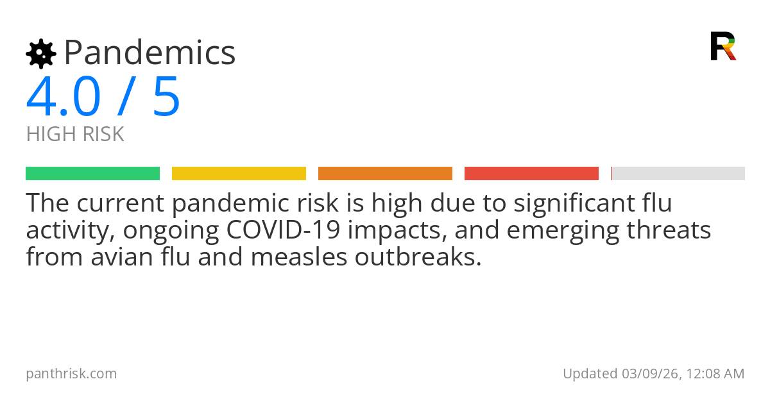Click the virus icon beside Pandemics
[x=40, y=53]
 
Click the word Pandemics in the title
[x=150, y=53]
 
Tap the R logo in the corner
[x=723, y=46]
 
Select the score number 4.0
[x=63, y=97]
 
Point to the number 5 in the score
[x=167, y=97]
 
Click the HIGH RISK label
[x=75, y=135]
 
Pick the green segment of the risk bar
[x=92, y=173]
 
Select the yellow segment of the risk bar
[x=239, y=173]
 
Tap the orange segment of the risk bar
[x=385, y=173]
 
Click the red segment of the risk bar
[x=531, y=173]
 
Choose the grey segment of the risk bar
[x=678, y=173]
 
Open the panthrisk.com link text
[x=71, y=374]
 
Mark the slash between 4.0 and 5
[x=126, y=97]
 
